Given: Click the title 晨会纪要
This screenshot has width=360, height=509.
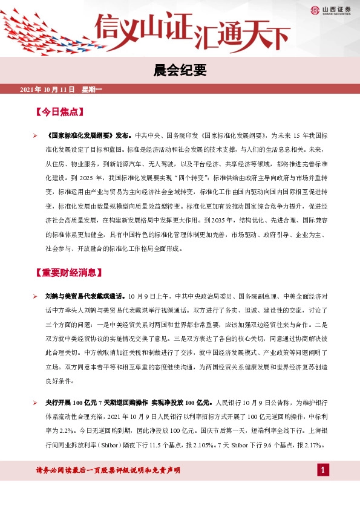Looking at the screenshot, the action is pyautogui.click(x=180, y=71).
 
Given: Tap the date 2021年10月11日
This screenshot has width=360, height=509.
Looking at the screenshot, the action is pyautogui.click(x=47, y=90).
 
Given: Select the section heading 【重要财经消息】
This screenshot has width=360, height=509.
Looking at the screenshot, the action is pyautogui.click(x=72, y=273).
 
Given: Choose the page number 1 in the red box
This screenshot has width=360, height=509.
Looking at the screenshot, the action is pyautogui.click(x=323, y=470).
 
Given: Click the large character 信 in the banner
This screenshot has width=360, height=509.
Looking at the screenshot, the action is pyautogui.click(x=112, y=27).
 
